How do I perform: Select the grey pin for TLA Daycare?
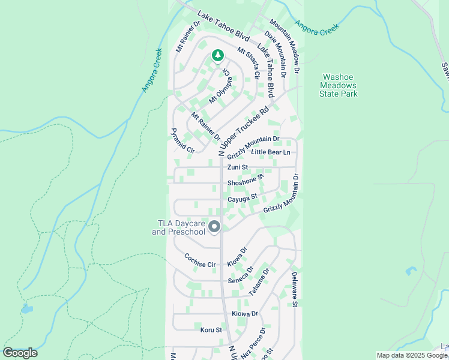(215, 227)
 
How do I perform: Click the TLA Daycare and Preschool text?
(178, 227)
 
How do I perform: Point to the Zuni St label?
(237, 167)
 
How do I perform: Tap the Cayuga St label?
(242, 197)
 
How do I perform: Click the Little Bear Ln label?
(270, 152)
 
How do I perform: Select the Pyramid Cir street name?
(182, 142)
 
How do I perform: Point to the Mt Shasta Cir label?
(247, 64)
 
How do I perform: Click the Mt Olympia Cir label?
(218, 85)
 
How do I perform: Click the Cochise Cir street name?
(200, 264)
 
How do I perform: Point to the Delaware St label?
(294, 289)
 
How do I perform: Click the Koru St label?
(211, 329)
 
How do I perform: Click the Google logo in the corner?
(20, 353)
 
